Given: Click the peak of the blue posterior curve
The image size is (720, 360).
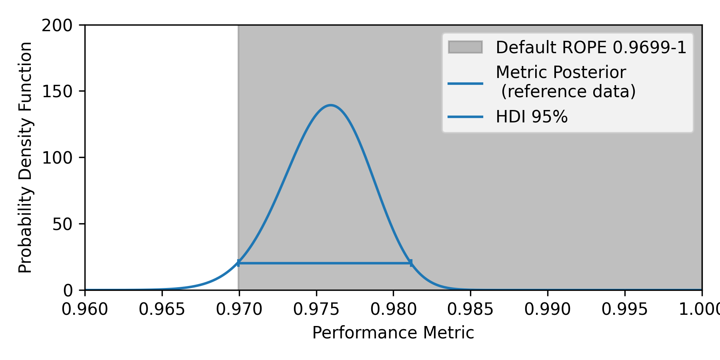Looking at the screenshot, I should [x=331, y=106].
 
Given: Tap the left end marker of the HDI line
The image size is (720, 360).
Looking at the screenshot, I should [x=238, y=263].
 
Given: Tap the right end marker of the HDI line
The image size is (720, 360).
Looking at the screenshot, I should [x=411, y=263].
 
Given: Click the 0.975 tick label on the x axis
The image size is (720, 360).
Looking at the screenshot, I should [x=316, y=309].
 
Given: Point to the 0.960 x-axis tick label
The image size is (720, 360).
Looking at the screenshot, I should [x=85, y=309].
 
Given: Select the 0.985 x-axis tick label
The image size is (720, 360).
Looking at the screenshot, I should [x=470, y=309].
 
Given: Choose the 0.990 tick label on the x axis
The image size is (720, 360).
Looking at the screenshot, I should [x=548, y=309].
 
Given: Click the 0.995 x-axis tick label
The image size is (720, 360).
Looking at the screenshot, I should [x=625, y=309].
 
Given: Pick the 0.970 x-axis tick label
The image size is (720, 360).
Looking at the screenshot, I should [x=239, y=309].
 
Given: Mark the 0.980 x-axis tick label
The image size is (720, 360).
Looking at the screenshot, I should [x=393, y=309].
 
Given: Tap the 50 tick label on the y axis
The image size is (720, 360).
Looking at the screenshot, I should [x=62, y=224].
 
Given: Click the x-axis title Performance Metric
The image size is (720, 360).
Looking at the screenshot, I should [x=393, y=333].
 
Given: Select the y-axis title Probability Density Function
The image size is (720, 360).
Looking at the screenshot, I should [x=25, y=158].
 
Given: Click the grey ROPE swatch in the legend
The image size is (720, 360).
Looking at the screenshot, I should [x=465, y=47].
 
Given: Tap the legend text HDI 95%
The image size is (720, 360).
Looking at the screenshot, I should [x=532, y=117].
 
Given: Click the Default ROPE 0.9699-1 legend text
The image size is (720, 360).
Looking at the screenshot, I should [x=591, y=47].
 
